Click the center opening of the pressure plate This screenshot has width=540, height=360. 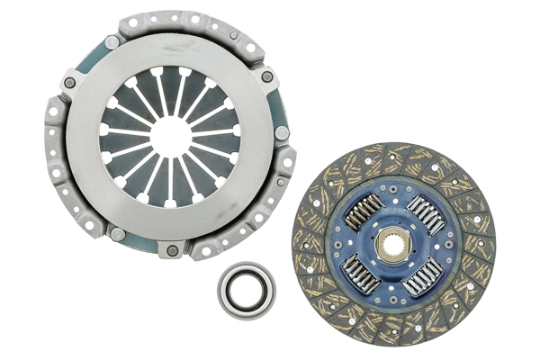point(171,132)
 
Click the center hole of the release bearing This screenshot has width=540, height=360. point(247,290)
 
